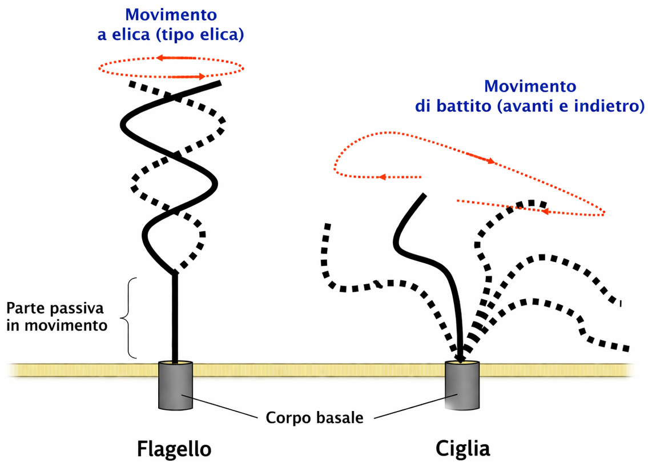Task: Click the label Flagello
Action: pyautogui.click(x=174, y=449)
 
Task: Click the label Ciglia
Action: pyautogui.click(x=462, y=449)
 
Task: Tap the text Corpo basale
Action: pyautogui.click(x=315, y=417)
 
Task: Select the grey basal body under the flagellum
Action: pyautogui.click(x=176, y=385)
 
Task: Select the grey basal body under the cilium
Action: pyautogui.click(x=462, y=385)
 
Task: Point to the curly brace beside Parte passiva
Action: pyautogui.click(x=128, y=318)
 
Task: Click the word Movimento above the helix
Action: pyautogui.click(x=171, y=14)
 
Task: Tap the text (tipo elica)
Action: pyautogui.click(x=200, y=34)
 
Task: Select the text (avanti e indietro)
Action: pyautogui.click(x=570, y=106)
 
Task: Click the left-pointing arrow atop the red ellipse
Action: pyautogui.click(x=176, y=58)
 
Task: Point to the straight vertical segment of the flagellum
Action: pyautogui.click(x=175, y=317)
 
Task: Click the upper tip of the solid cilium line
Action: pyautogui.click(x=424, y=194)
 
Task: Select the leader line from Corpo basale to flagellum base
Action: pyautogui.click(x=219, y=406)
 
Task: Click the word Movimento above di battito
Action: pyautogui.click(x=530, y=86)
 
